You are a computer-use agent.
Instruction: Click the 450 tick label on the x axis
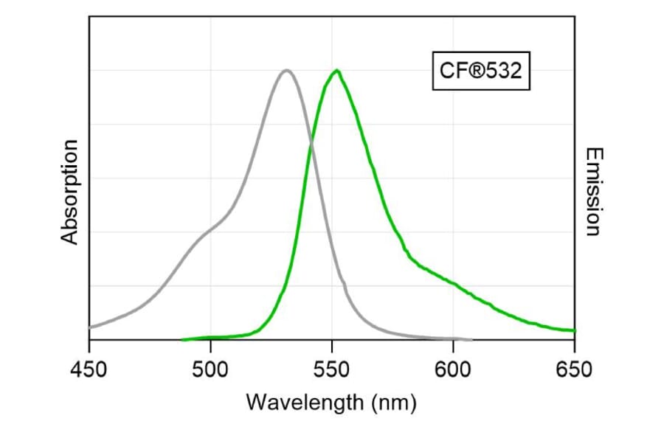click(89, 368)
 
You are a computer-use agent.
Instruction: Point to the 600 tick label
click(453, 368)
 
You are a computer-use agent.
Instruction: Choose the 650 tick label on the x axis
click(574, 368)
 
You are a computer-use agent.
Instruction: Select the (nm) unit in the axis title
click(394, 403)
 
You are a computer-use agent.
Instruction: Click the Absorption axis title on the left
click(70, 192)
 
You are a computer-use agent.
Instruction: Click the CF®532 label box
click(480, 71)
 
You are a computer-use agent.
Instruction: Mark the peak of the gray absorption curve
click(286, 70)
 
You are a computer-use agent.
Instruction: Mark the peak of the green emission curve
click(336, 70)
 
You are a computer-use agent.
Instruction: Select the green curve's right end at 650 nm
click(573, 330)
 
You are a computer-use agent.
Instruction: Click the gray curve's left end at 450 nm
click(90, 326)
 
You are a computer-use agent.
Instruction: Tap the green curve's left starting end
click(183, 339)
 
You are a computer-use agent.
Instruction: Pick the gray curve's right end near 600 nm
click(471, 340)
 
